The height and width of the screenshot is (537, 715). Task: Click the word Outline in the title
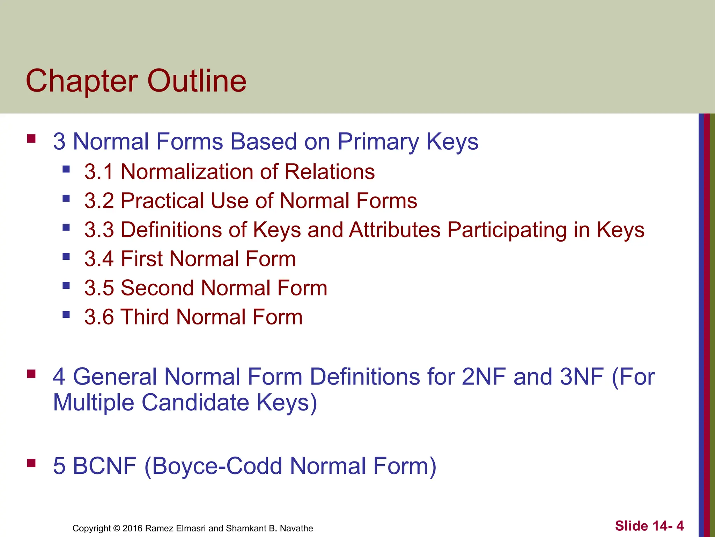click(197, 81)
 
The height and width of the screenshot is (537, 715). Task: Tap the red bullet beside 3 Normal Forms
click(31, 138)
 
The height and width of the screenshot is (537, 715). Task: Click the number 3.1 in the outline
click(99, 172)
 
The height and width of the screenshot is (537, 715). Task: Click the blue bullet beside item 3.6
click(66, 315)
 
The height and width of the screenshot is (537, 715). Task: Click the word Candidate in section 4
click(196, 402)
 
